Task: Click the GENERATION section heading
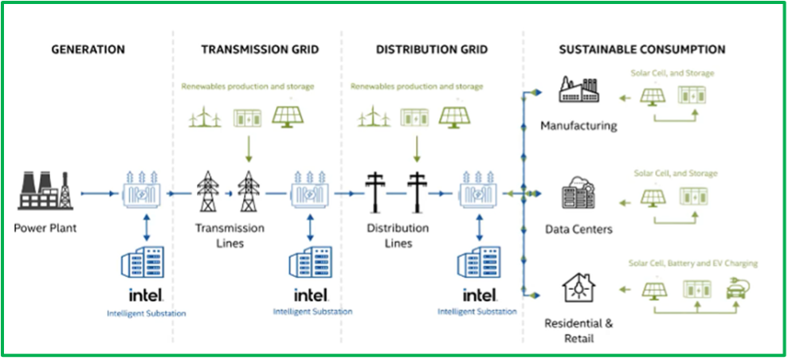point(88,49)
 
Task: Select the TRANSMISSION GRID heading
point(260,49)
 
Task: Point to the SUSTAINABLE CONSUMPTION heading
point(641,49)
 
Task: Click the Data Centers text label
point(578,229)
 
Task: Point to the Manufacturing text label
point(578,126)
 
